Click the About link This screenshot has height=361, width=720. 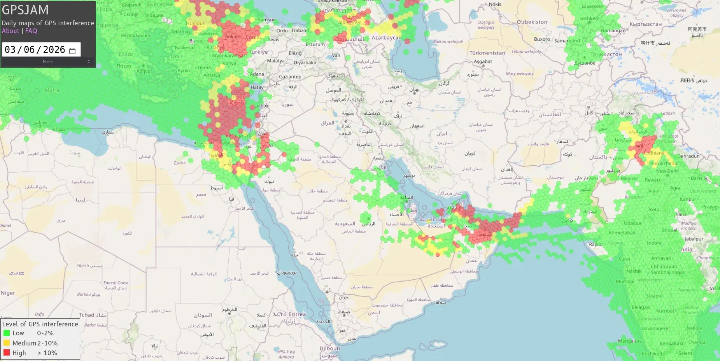coord(11,31)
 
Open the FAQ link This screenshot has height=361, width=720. coord(31,31)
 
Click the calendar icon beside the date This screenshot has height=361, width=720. coord(72,51)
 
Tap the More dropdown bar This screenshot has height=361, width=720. coord(48,62)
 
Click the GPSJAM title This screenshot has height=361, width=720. coord(25,10)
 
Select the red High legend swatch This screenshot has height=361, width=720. coord(7,353)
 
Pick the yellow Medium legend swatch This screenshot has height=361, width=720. coord(7,343)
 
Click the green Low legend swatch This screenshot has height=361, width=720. coord(7,333)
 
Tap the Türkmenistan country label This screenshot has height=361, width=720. coord(487,53)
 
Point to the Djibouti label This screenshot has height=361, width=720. coord(329,349)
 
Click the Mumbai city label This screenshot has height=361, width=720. coord(625,281)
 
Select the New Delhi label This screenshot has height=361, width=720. coord(667,171)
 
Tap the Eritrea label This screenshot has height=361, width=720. coord(297,314)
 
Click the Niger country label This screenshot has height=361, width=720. coord(8,293)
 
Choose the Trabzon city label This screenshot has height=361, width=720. coord(300,30)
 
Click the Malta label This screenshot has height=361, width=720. coord(52,90)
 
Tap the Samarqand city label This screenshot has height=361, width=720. coord(567,41)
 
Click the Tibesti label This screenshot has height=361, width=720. coord(83,265)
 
